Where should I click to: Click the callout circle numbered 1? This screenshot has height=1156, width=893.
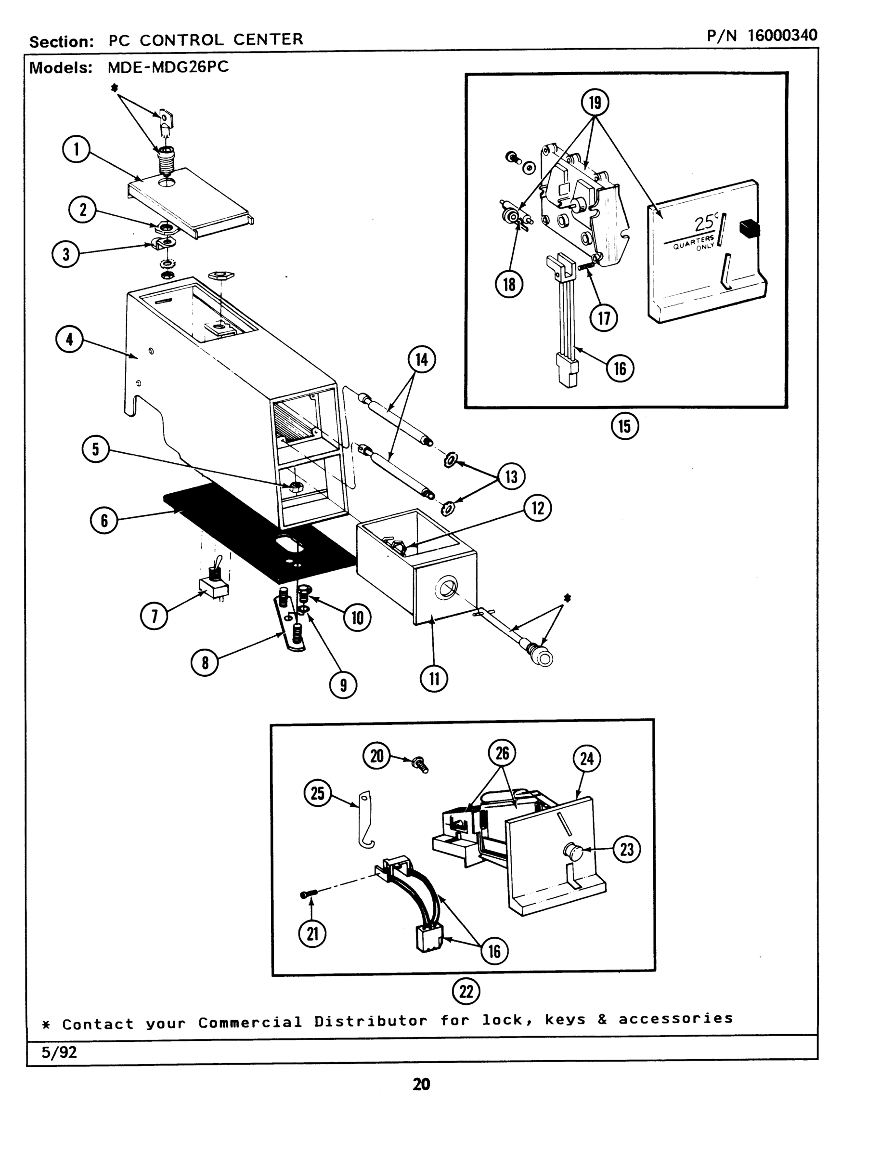coord(76,149)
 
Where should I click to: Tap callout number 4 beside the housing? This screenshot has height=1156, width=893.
coord(69,339)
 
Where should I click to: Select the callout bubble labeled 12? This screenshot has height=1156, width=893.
coord(538,508)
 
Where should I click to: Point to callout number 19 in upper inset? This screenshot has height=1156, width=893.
coord(595,102)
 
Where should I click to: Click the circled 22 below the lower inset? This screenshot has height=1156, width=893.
coord(466,991)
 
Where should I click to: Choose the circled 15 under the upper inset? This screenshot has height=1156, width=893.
coord(625,426)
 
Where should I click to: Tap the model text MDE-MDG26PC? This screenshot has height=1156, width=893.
coord(168,67)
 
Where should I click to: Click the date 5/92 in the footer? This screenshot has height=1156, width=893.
coord(59,1052)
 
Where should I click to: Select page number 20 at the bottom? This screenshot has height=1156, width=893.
coord(421,1085)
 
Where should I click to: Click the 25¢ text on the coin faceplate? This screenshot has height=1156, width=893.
coord(706,223)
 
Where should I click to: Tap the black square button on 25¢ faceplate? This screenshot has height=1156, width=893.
coord(749,228)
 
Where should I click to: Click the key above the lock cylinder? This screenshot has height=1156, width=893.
coord(166,121)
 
